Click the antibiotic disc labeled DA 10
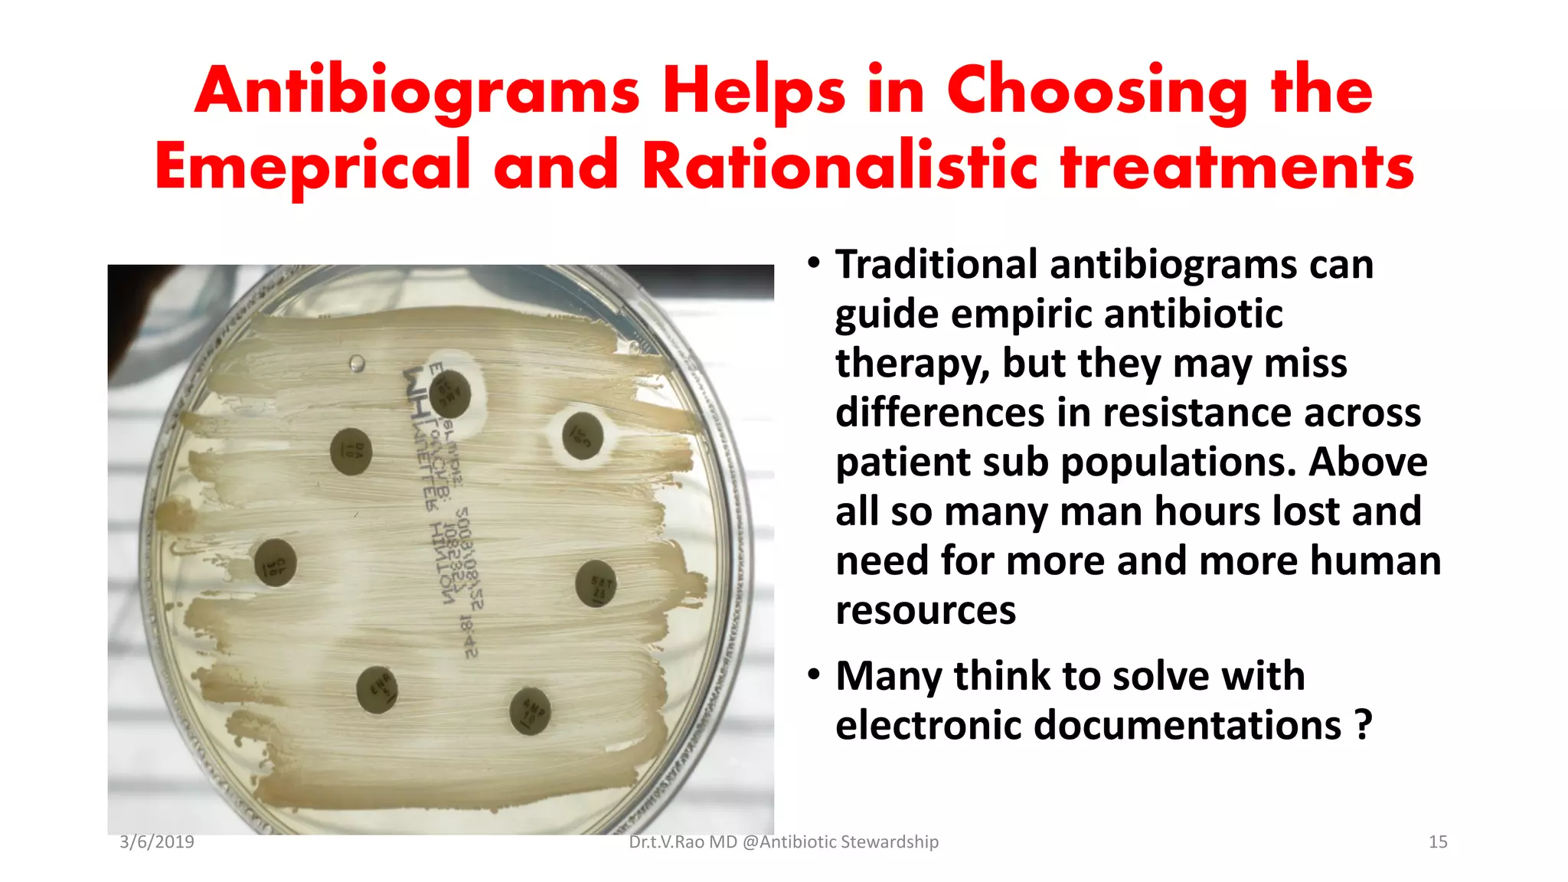(x=351, y=451)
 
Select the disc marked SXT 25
(x=596, y=583)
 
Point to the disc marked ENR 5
(x=377, y=689)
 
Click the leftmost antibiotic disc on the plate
(x=276, y=562)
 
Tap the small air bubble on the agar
(x=357, y=363)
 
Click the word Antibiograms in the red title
(x=417, y=91)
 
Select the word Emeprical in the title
(x=312, y=166)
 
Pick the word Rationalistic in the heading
(x=839, y=166)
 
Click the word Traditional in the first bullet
(x=936, y=265)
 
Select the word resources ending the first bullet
(x=926, y=610)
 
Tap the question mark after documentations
(x=1363, y=725)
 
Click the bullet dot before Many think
(x=814, y=675)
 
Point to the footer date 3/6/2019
(x=157, y=842)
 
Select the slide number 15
(x=1438, y=842)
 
